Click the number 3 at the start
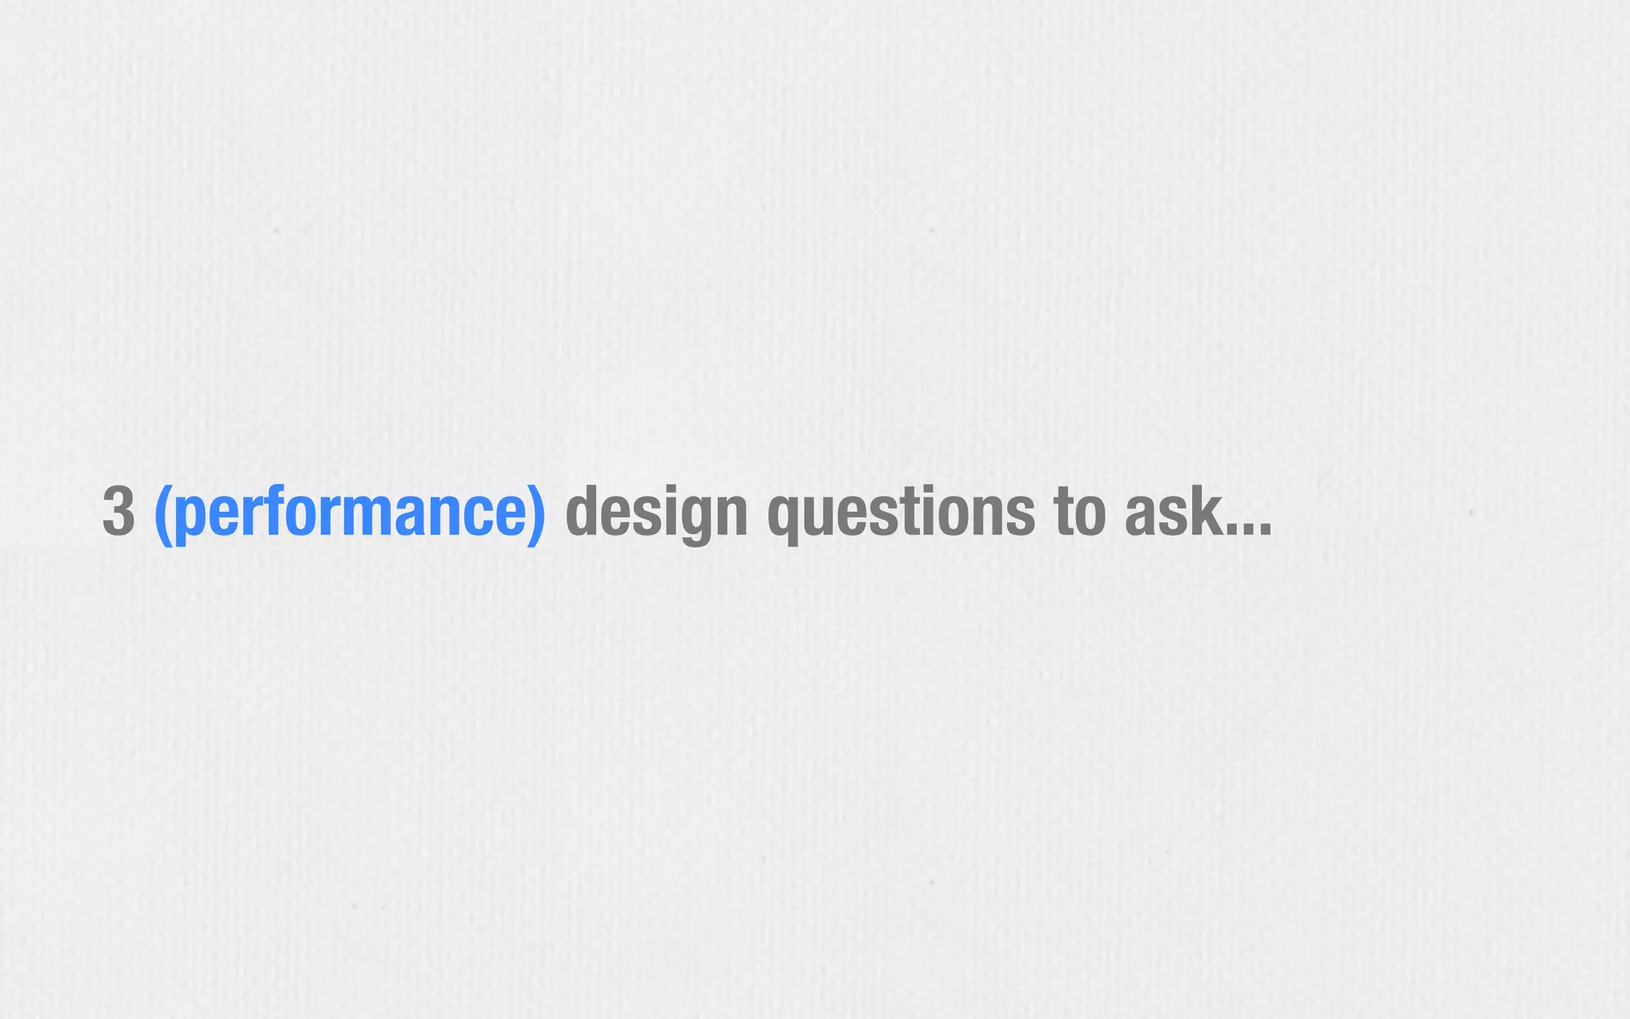[119, 512]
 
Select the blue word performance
[350, 513]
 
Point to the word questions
[901, 513]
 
